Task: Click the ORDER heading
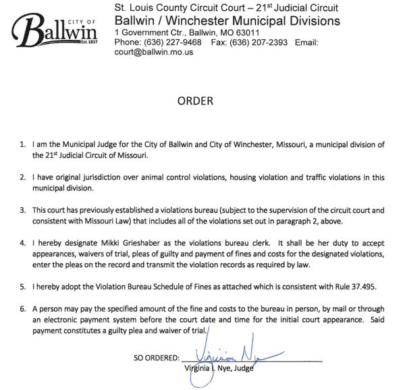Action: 195,101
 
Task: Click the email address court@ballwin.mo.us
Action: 154,52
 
